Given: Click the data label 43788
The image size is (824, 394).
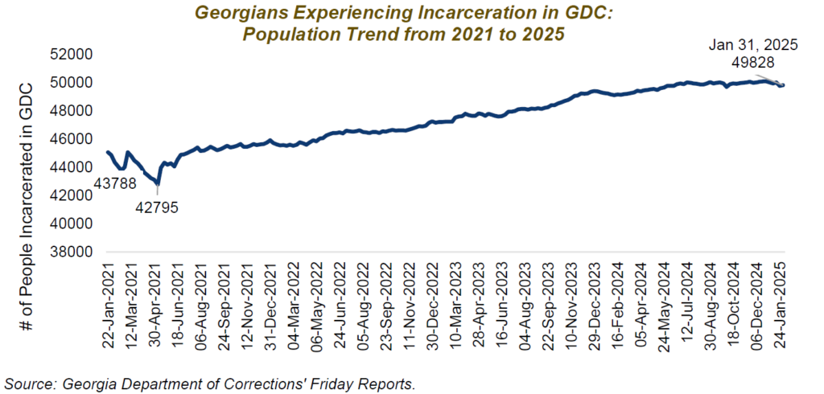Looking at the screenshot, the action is click(114, 184).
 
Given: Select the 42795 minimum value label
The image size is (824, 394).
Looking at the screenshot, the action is click(157, 207).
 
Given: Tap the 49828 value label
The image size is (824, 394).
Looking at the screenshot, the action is click(753, 63).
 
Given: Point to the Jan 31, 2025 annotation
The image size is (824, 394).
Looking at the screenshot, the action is click(753, 45).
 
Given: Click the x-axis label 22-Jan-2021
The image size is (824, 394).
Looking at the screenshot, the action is click(109, 302).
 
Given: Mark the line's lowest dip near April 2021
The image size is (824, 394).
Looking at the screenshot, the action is click(157, 183).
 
